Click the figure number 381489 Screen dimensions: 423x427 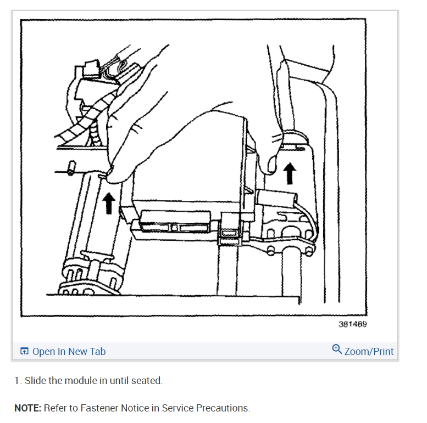353,324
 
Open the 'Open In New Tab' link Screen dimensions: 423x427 69,352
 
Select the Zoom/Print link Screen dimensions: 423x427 369,352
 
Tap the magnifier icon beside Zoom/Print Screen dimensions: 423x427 337,349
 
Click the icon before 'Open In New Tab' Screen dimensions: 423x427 24,352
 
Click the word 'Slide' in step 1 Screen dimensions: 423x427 35,380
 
